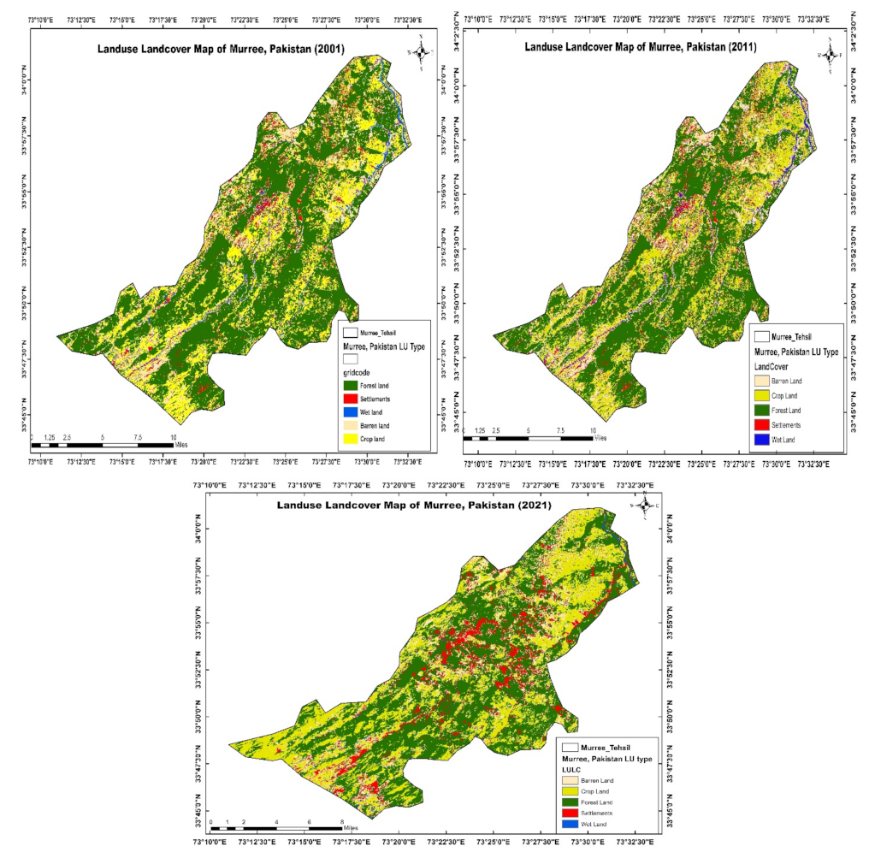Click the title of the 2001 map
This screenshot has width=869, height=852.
point(222,49)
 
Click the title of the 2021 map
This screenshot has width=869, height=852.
point(414,506)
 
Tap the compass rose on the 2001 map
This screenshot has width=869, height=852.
point(421,52)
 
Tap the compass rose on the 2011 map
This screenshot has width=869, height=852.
point(829,54)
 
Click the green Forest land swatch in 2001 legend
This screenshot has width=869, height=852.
point(350,386)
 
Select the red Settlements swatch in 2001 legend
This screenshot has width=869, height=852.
point(350,398)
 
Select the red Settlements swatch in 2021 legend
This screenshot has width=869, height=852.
point(570,813)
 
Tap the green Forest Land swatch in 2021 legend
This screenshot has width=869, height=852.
point(570,802)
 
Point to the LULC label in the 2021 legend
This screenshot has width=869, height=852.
point(571,769)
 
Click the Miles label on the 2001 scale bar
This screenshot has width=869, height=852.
point(180,445)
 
